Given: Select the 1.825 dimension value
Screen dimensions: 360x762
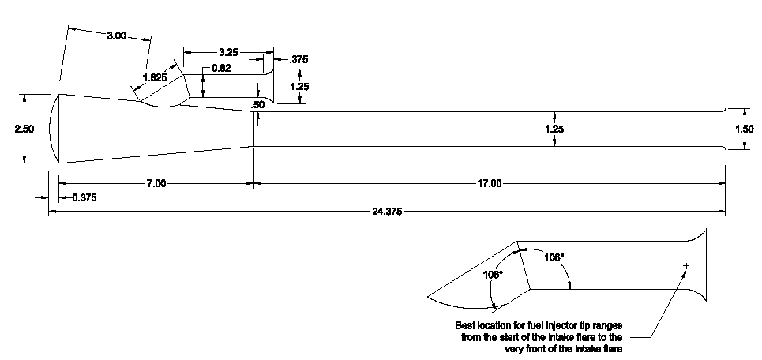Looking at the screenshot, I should pos(154,77).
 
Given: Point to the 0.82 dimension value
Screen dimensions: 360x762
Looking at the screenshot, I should pos(222,69).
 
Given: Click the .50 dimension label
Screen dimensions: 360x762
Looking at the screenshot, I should pos(257,104).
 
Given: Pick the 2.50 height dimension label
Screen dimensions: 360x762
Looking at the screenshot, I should pos(24,129).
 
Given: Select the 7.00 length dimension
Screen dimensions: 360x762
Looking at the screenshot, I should pos(156,183).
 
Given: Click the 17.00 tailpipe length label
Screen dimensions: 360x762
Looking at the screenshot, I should pos(490,183).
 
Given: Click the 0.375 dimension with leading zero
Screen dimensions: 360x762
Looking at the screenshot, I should pos(84,197).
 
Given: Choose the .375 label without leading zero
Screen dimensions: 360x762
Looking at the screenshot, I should pos(299,59).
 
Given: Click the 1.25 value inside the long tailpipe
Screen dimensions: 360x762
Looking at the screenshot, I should pos(555,128).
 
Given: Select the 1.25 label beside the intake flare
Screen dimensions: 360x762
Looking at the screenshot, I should pos(299,87).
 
